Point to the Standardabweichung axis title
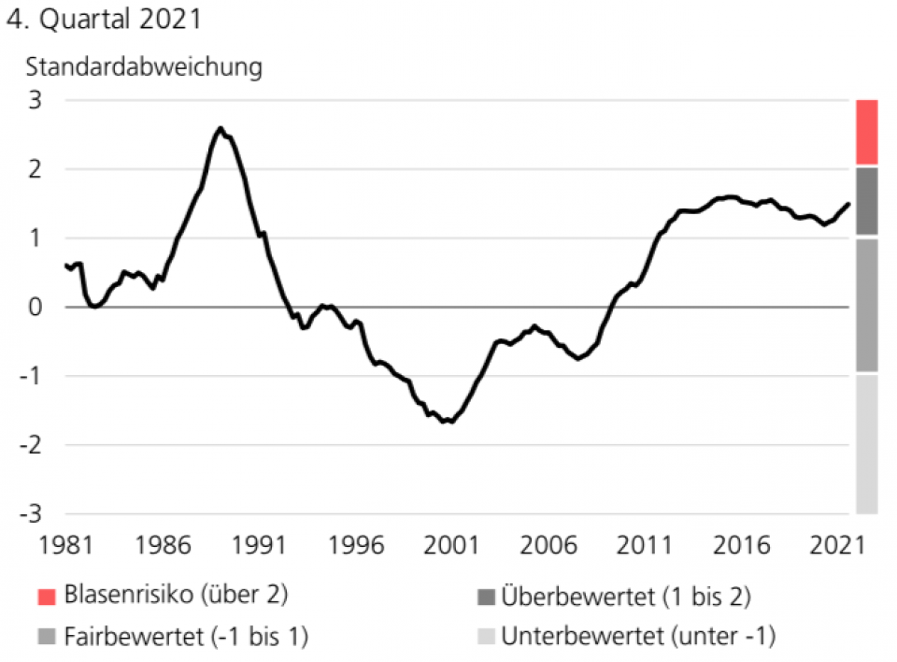pos(144,68)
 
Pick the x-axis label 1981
pos(64,544)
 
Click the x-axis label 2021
pos(837,544)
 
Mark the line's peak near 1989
pos(221,128)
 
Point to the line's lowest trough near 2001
pos(452,422)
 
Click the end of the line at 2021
pos(848,204)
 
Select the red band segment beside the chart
pos(866,132)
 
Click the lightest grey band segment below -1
pos(866,445)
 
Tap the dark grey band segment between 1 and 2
pos(866,201)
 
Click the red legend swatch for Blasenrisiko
pos(48,595)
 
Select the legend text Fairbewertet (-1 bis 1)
pos(187,638)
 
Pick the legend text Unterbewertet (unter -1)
pos(639,638)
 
